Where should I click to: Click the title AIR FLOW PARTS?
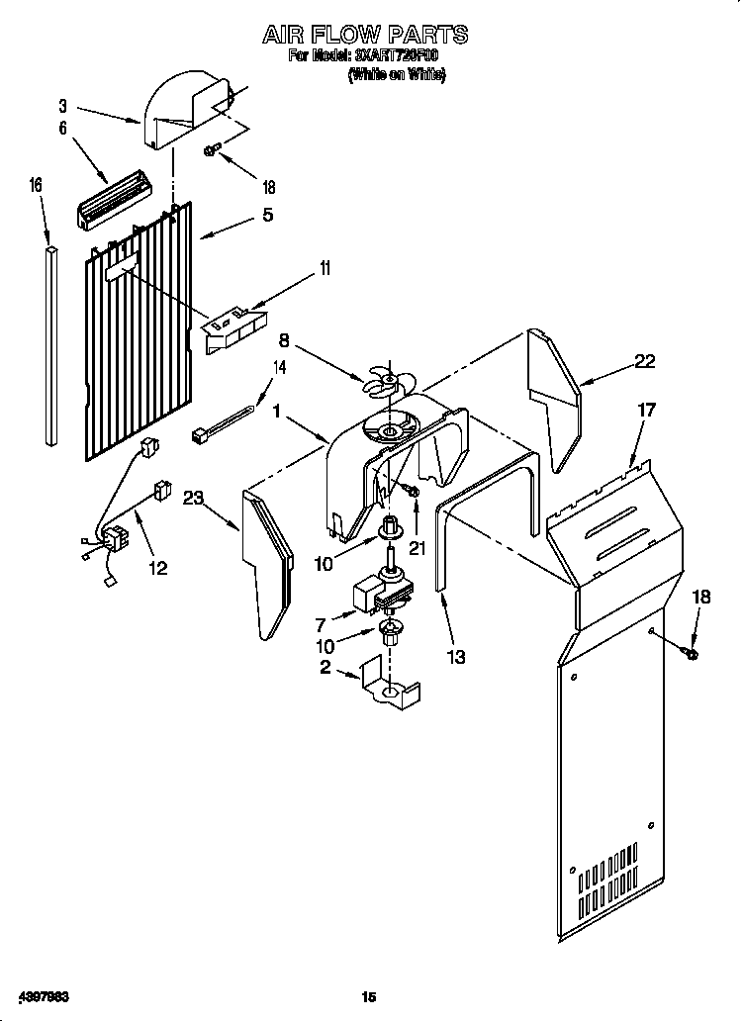click(x=365, y=35)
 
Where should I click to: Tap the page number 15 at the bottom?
click(x=369, y=996)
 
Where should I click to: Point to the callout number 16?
click(x=36, y=184)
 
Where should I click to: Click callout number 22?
click(x=644, y=361)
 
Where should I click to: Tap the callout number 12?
click(x=157, y=568)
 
